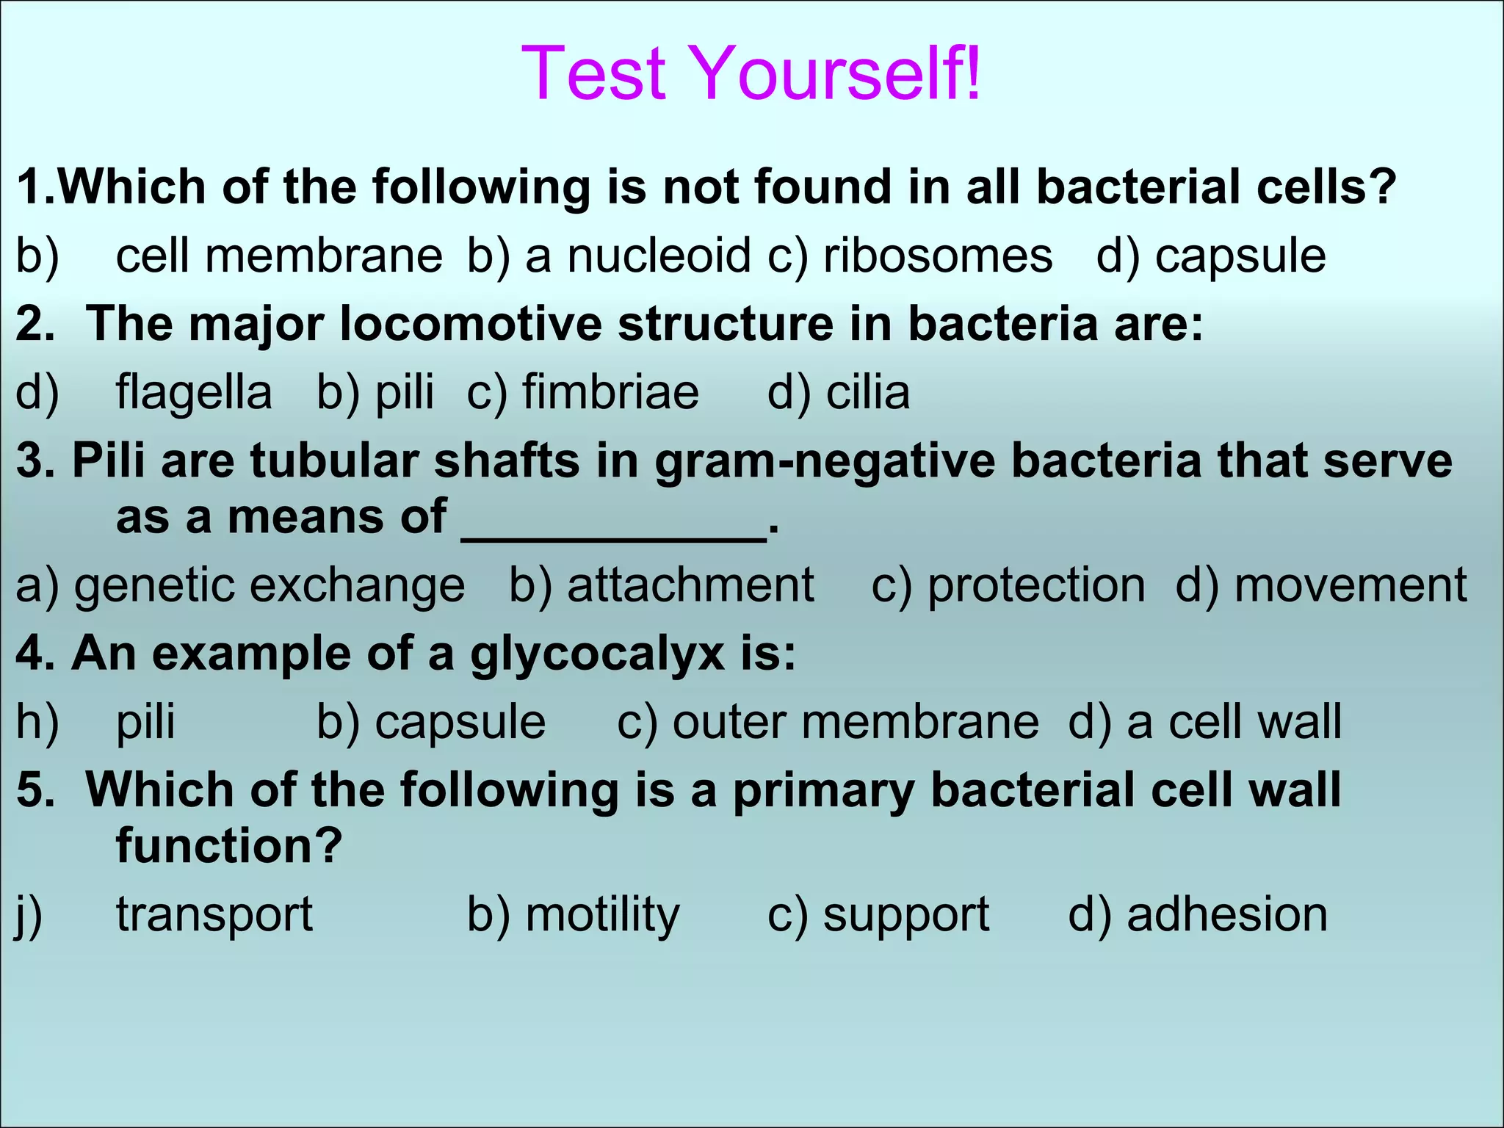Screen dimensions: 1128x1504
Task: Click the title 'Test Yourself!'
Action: click(x=751, y=73)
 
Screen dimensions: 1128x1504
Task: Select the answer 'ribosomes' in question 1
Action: click(x=938, y=256)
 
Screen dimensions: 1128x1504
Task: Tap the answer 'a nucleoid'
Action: click(x=637, y=256)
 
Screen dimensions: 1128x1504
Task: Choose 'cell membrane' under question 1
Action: click(x=279, y=256)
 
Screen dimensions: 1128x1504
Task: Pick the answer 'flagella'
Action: click(x=194, y=392)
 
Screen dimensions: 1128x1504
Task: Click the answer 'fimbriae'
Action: click(x=610, y=392)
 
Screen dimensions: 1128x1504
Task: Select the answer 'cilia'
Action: click(x=868, y=392)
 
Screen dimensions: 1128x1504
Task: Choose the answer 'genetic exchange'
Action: click(x=269, y=586)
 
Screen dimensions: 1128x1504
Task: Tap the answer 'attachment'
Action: click(x=690, y=586)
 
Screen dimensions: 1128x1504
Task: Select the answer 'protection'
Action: click(x=1036, y=586)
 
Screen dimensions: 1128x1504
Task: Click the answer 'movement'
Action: click(x=1350, y=586)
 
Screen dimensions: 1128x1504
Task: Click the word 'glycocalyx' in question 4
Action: click(x=597, y=654)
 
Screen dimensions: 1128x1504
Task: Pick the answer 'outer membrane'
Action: click(x=856, y=722)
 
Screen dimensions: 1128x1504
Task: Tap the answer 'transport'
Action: click(x=214, y=915)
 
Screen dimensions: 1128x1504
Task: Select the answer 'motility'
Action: click(x=603, y=915)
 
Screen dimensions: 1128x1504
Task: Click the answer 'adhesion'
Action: click(x=1227, y=915)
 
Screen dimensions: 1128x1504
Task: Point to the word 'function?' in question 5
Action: click(x=229, y=846)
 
